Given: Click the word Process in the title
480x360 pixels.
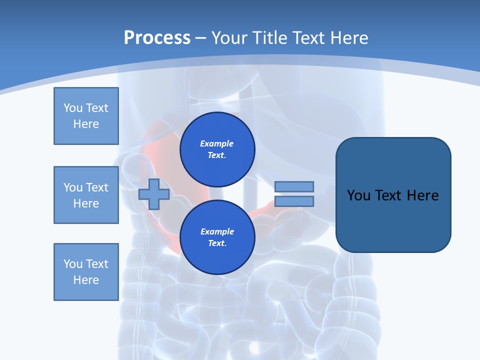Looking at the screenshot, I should coord(157,38).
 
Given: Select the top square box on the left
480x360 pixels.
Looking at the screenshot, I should coord(86,116).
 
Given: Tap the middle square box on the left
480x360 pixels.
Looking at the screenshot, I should coord(86,195).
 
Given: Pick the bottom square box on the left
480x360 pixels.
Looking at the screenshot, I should coord(86,272).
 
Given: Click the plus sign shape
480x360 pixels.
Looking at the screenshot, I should coord(154,194).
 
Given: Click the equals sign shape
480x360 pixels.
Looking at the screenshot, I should coord(294,194).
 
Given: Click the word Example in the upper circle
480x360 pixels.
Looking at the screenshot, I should coord(216,143).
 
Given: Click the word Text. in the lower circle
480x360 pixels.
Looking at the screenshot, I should coord(217,243).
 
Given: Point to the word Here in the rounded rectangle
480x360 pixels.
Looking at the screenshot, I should coord(422,195).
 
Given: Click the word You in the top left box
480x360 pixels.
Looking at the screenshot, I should coord(72,108).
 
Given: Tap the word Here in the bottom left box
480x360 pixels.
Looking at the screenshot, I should coord(86,280).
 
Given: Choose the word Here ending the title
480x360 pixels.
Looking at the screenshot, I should coord(349,38).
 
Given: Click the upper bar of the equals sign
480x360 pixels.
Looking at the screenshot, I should coord(294,187).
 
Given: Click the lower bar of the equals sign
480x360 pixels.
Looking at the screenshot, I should coord(294,201).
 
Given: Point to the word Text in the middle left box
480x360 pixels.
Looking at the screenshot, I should coord(97,187).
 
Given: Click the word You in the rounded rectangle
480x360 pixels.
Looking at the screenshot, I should coord(359,195).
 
